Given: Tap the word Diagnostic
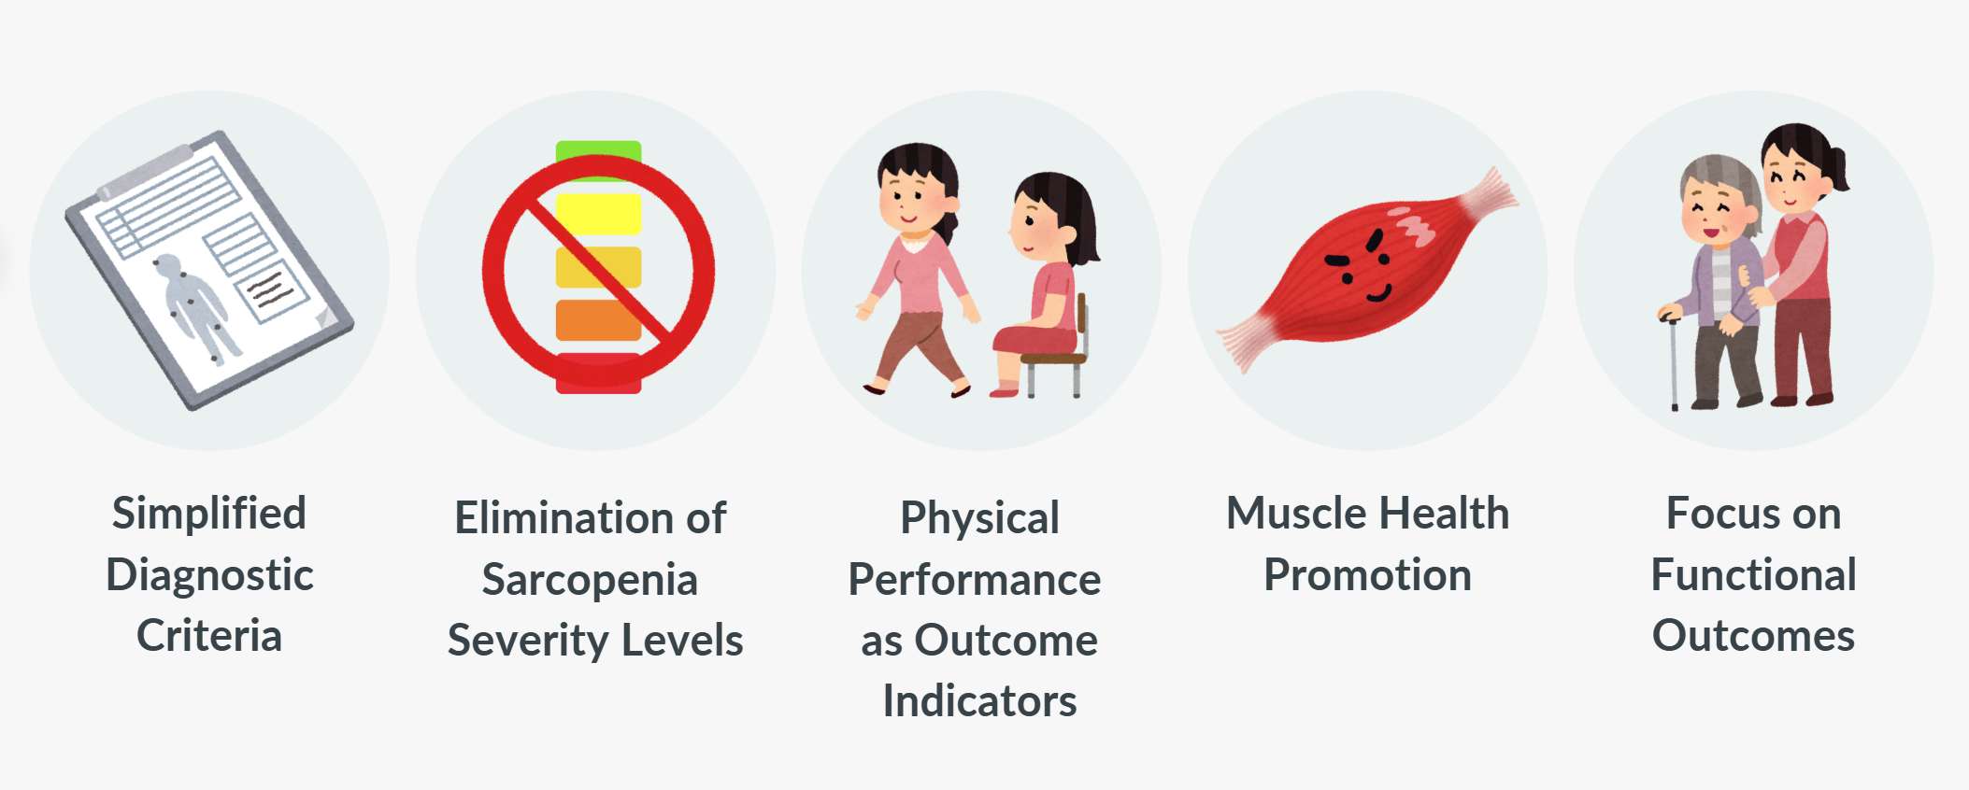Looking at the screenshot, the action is [209, 575].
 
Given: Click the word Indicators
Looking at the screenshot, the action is [979, 701].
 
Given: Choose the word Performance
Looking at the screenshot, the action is [974, 579].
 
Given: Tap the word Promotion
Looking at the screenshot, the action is [1367, 575].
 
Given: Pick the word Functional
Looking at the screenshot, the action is [1753, 574].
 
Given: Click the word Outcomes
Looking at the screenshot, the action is [1753, 636].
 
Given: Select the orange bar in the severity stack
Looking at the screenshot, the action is [598, 320].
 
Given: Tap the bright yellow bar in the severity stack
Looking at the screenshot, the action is [598, 214].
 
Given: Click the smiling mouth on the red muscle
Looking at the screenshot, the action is [1378, 294].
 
